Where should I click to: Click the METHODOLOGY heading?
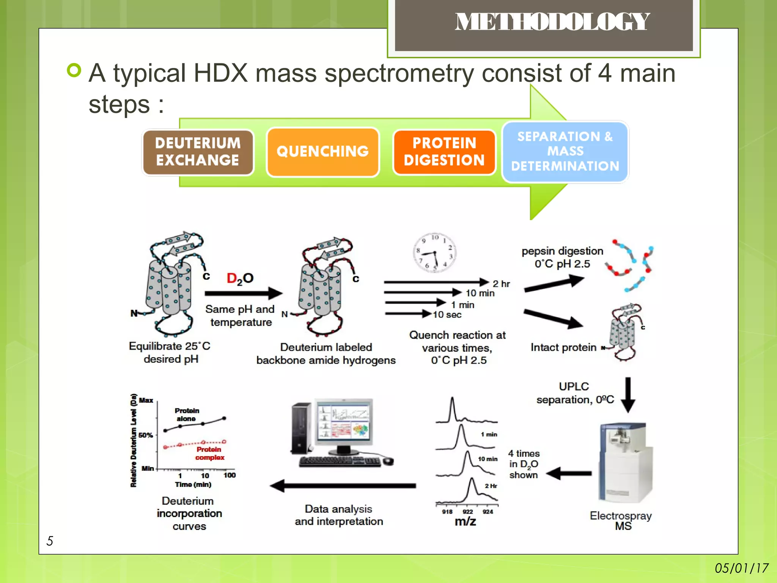(x=552, y=22)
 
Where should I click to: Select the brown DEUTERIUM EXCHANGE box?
(x=198, y=152)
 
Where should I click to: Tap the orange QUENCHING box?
(x=322, y=152)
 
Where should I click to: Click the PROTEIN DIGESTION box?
(x=444, y=152)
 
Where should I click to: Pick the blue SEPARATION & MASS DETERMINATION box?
(x=565, y=151)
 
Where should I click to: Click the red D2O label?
(x=240, y=279)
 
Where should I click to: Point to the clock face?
(x=434, y=252)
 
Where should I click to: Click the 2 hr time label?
(x=501, y=284)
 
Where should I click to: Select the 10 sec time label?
(x=447, y=315)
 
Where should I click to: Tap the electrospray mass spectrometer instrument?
(x=624, y=463)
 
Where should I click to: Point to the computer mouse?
(x=388, y=461)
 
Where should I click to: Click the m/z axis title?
(x=465, y=522)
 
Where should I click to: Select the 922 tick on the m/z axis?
(x=468, y=512)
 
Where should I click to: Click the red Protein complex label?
(x=209, y=454)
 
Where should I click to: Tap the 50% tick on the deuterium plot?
(x=146, y=435)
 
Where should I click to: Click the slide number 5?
(x=50, y=540)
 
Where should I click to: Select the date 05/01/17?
(x=741, y=568)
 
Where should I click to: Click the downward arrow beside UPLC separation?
(x=628, y=395)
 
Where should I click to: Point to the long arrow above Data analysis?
(x=343, y=486)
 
